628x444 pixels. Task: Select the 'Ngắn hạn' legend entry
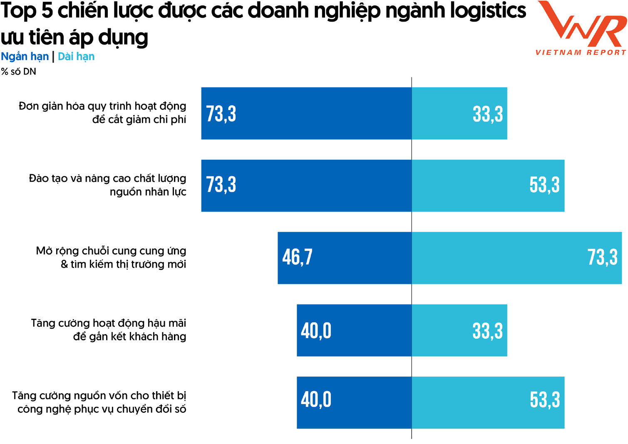click(25, 57)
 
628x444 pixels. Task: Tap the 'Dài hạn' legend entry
click(76, 57)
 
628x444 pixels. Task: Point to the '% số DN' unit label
click(19, 72)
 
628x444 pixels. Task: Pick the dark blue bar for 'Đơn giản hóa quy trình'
click(306, 113)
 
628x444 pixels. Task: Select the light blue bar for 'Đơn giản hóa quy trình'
click(459, 113)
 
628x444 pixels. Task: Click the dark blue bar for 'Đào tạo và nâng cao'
click(306, 186)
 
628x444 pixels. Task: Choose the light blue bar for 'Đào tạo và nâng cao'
click(488, 186)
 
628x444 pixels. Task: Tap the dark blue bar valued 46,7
click(345, 258)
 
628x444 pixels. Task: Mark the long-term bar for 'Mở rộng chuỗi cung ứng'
click(516, 258)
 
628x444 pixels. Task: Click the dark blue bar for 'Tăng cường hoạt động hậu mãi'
click(354, 330)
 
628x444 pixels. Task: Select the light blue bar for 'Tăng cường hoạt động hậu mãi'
click(459, 330)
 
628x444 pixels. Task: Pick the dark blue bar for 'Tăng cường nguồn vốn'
click(354, 402)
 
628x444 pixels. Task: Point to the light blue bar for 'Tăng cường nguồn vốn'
click(488, 402)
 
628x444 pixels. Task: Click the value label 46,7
click(297, 257)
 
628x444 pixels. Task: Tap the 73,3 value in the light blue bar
click(602, 257)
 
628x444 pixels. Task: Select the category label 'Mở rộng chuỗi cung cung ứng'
click(111, 258)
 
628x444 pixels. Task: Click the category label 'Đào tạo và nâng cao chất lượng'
click(107, 185)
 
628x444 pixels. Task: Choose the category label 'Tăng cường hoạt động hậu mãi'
click(109, 330)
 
